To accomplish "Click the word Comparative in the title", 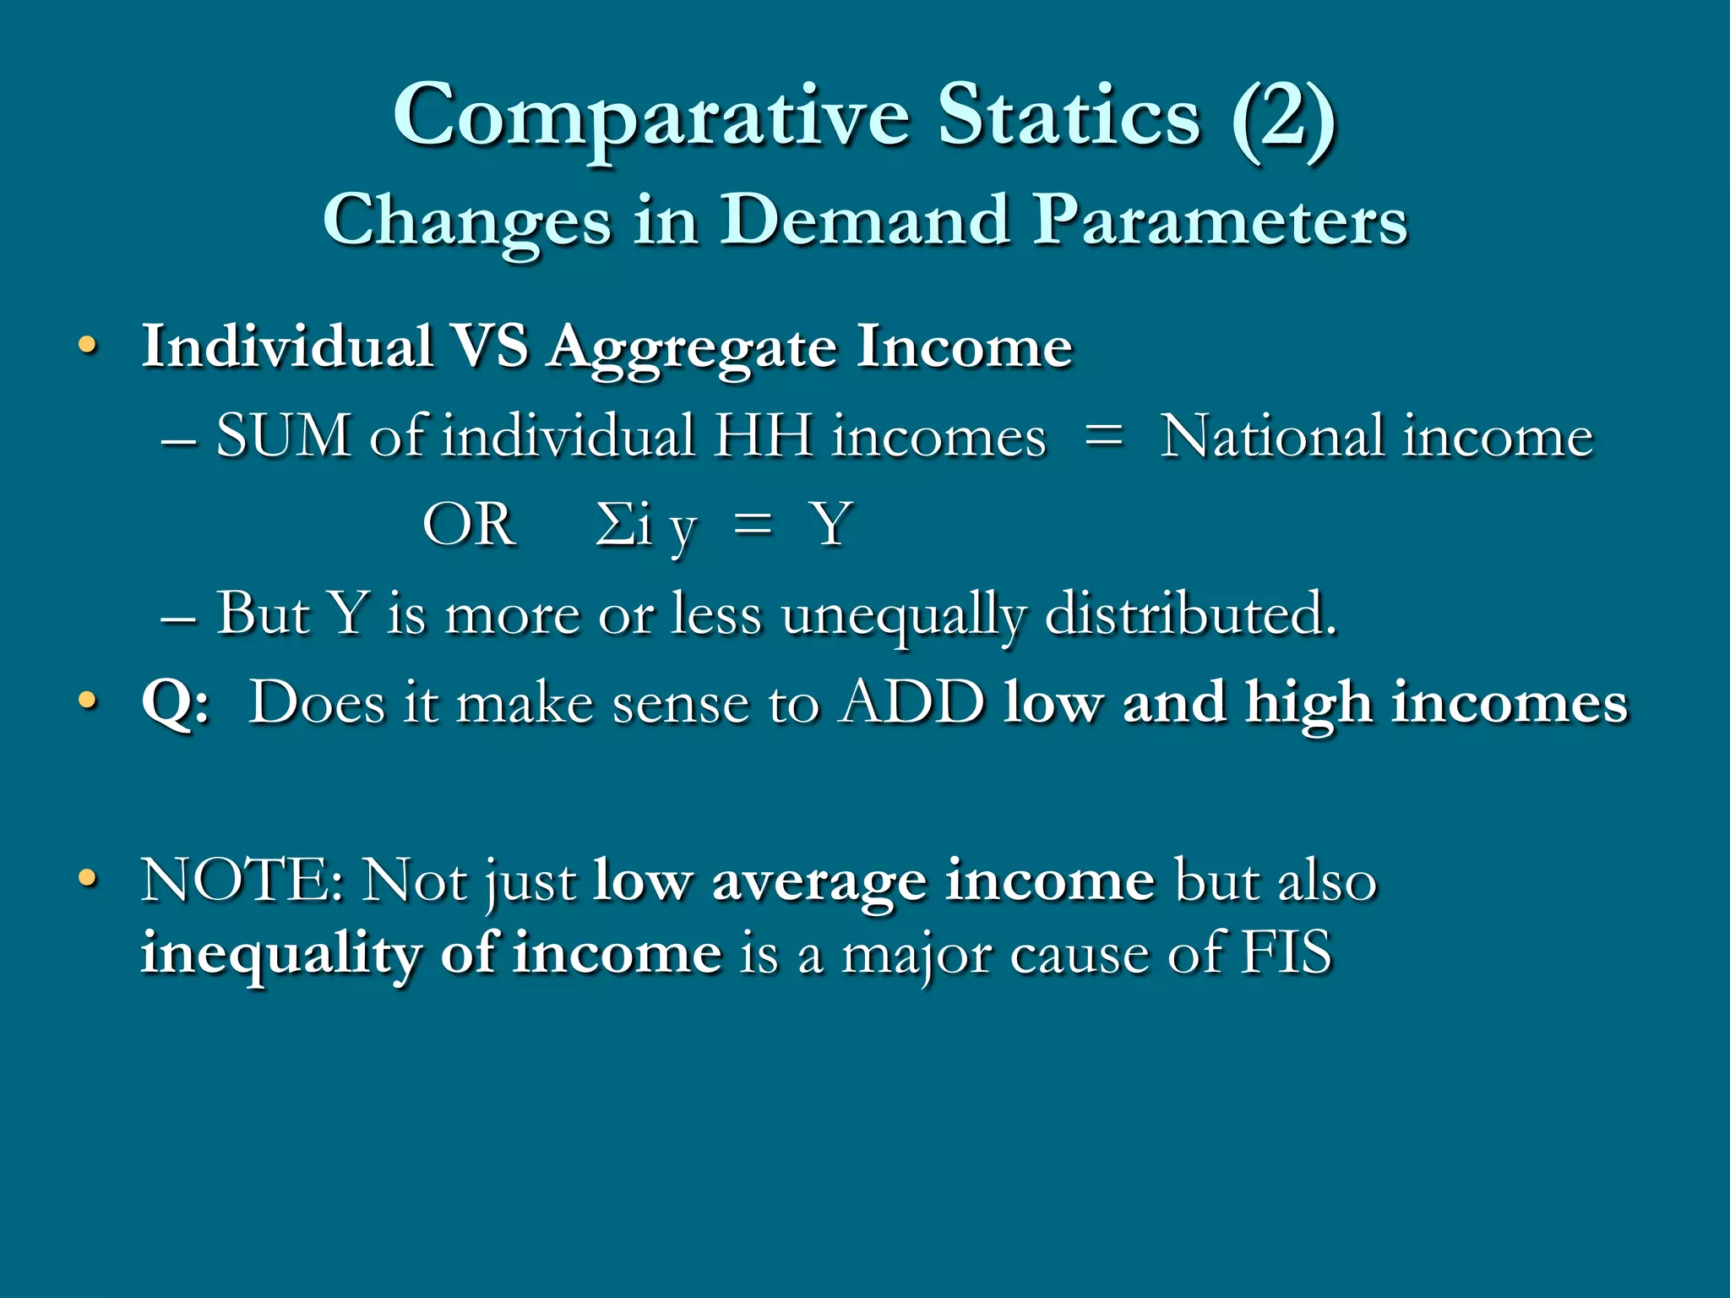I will click(x=651, y=117).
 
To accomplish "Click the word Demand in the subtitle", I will click(x=865, y=221).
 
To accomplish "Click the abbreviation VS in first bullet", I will click(x=489, y=346).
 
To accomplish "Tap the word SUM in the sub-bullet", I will click(x=284, y=437).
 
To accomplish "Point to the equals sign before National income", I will click(x=1103, y=437).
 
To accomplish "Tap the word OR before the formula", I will click(x=469, y=525).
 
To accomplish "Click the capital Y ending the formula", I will click(x=831, y=525).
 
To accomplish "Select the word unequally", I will click(x=904, y=615).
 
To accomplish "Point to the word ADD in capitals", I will click(x=911, y=702).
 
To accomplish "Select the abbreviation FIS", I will click(x=1287, y=953).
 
